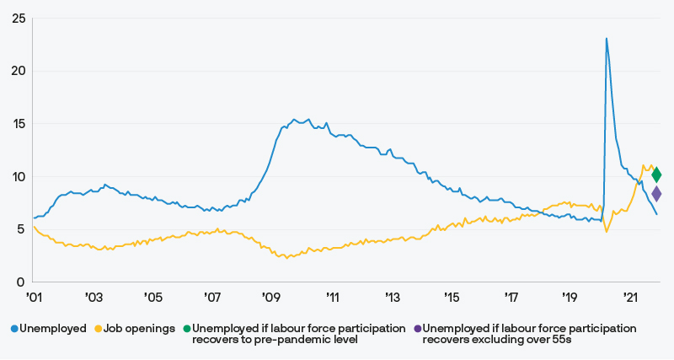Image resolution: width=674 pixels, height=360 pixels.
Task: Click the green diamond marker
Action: [x=656, y=175]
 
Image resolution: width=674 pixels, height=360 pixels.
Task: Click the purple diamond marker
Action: [x=656, y=195]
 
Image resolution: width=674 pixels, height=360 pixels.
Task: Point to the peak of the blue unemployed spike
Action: [x=607, y=38]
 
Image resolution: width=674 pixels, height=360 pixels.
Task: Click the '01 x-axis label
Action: [x=34, y=298]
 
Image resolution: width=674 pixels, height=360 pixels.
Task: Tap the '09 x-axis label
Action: [x=271, y=298]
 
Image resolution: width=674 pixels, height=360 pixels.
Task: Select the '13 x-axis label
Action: [x=392, y=298]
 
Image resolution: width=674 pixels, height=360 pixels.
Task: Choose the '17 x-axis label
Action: [x=511, y=298]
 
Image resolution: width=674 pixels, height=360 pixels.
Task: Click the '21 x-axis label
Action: [x=630, y=298]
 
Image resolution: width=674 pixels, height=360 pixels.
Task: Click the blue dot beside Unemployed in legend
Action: [x=13, y=328]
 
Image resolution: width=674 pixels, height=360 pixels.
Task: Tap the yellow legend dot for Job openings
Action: [x=97, y=328]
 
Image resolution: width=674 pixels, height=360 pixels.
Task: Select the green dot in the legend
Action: [x=187, y=328]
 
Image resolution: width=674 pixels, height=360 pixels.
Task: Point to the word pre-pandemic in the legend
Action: [x=294, y=340]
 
